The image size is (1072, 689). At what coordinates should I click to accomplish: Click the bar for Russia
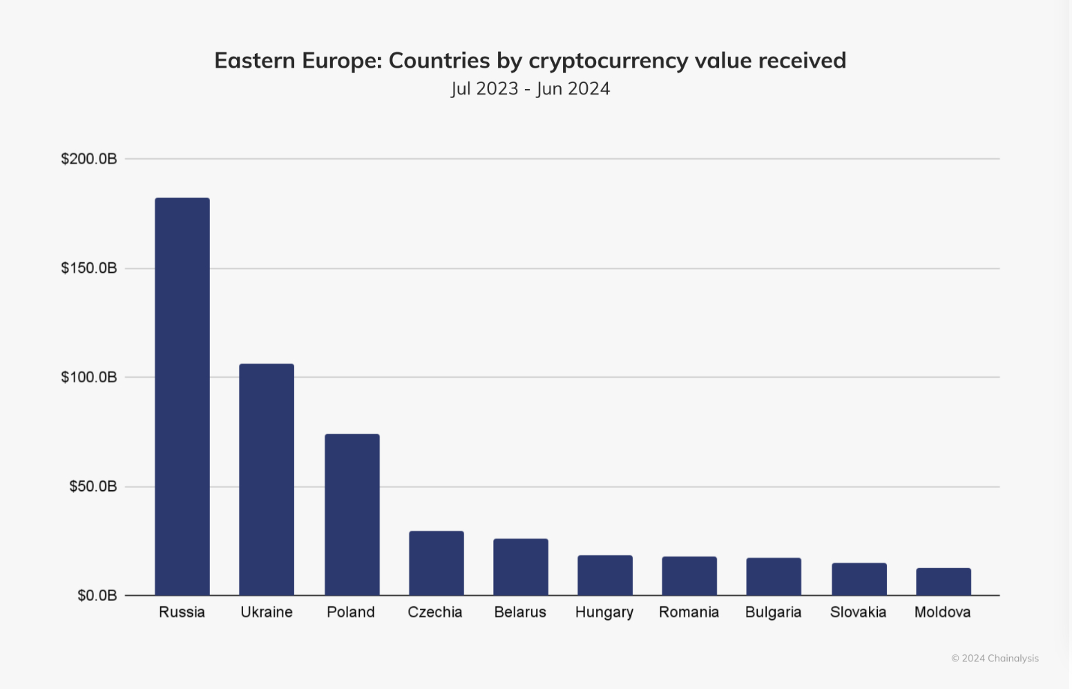click(x=182, y=396)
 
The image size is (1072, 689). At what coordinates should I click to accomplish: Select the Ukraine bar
click(x=267, y=479)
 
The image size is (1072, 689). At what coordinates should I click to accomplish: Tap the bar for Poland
click(x=352, y=514)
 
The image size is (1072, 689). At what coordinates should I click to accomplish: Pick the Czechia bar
click(x=437, y=563)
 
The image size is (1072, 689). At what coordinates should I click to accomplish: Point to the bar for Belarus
click(x=521, y=567)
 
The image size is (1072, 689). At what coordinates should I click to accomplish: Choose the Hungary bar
click(x=605, y=575)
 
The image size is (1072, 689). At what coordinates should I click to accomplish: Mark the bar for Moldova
click(x=944, y=581)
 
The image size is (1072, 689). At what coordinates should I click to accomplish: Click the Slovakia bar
click(x=859, y=579)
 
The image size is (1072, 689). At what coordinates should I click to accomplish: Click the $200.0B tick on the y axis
click(x=89, y=159)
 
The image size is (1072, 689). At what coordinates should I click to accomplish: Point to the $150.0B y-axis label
click(x=89, y=268)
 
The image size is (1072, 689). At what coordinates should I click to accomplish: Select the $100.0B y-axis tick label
click(x=89, y=377)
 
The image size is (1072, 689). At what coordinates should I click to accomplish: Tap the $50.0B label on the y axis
click(x=93, y=486)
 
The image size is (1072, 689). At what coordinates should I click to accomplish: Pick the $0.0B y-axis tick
click(x=97, y=595)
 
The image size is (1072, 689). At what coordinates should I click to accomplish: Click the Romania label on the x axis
click(x=689, y=612)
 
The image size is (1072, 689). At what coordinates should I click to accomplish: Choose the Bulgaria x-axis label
click(x=774, y=612)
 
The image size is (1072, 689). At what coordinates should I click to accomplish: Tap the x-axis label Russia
click(x=182, y=612)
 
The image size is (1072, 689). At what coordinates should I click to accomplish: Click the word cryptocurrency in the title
click(x=609, y=61)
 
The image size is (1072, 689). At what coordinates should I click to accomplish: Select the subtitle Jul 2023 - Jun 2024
click(x=530, y=89)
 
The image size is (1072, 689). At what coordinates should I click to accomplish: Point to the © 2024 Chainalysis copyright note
click(x=995, y=658)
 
